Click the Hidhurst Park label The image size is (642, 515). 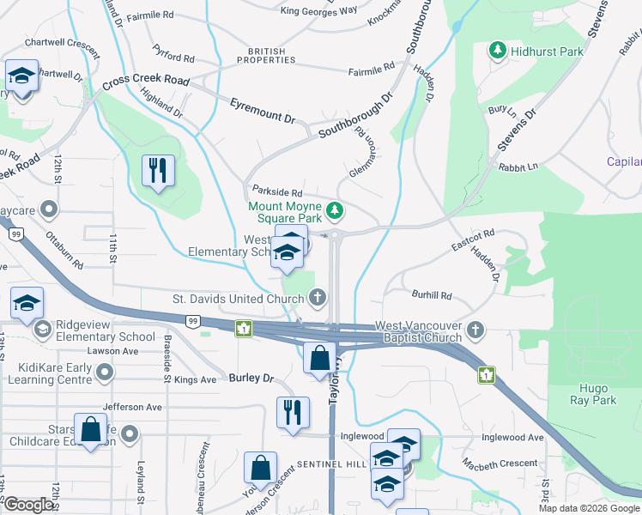click(x=547, y=51)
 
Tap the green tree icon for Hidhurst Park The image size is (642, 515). click(x=497, y=51)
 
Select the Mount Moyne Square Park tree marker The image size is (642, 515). click(x=335, y=210)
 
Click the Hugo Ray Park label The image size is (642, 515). click(x=593, y=394)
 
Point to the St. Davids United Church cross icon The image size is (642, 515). click(x=318, y=299)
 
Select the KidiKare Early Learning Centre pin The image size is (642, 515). click(x=105, y=373)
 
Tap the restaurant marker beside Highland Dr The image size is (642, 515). click(x=158, y=171)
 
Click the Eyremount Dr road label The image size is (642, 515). click(x=262, y=110)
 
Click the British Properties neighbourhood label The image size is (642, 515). click(x=261, y=57)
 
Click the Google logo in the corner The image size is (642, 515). click(x=28, y=505)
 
